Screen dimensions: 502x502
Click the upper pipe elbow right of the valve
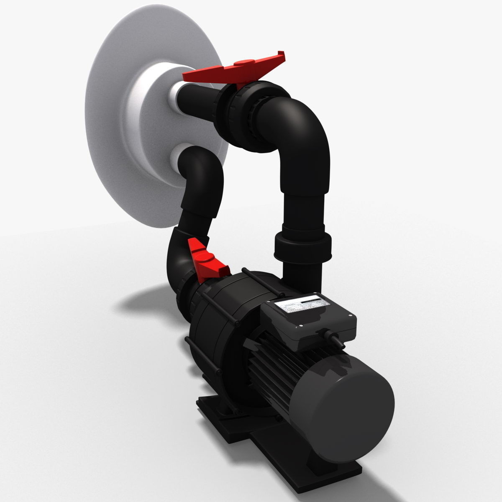pos(305,125)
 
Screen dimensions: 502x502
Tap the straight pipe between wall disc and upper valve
pos(197,100)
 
